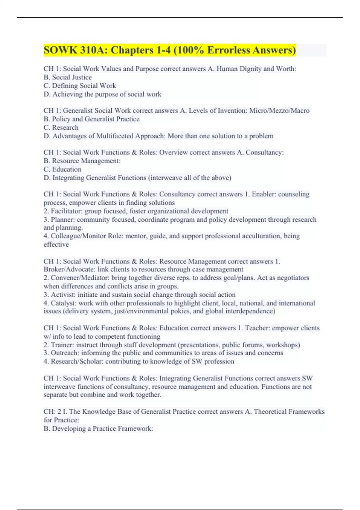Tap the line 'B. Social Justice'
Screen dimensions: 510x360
click(x=67, y=77)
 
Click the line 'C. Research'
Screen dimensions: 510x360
click(x=61, y=127)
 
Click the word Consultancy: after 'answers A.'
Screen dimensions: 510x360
click(x=265, y=152)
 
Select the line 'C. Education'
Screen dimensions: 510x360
click(x=62, y=169)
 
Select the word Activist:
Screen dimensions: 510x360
click(x=63, y=295)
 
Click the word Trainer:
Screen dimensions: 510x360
click(x=62, y=345)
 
